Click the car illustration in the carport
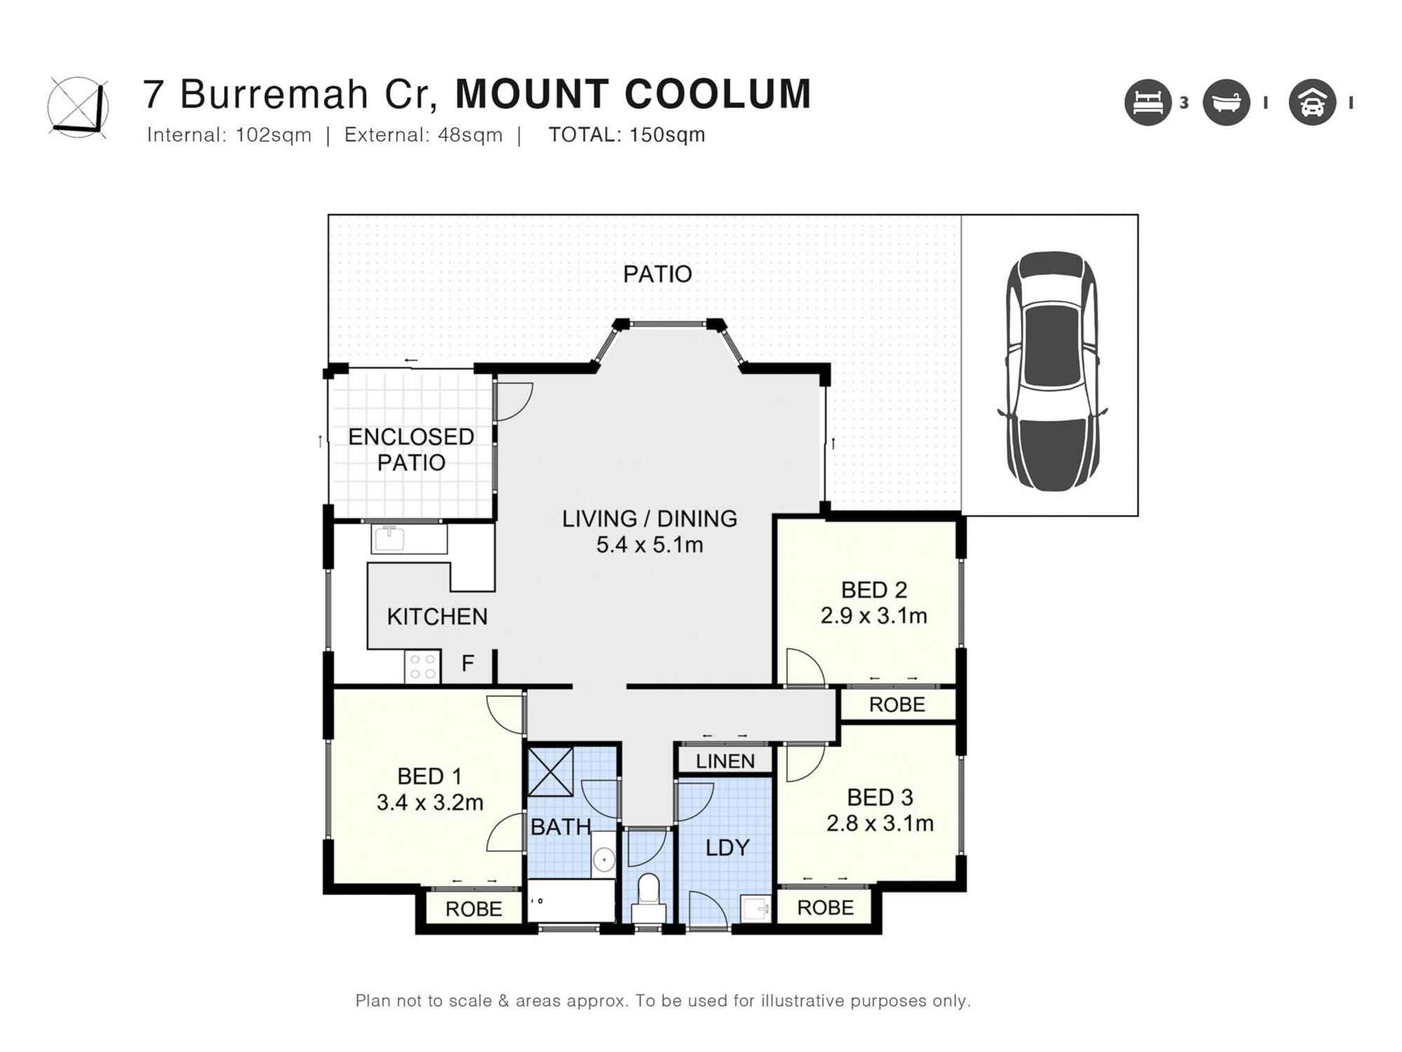pos(1051,372)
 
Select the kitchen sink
pos(389,538)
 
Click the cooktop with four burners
pos(422,666)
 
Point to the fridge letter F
pos(468,663)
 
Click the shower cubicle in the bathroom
pos(550,771)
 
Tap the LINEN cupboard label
pos(725,761)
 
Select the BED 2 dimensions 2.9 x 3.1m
pos(873,616)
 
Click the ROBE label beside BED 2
pos(897,704)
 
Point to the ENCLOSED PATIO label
pos(411,450)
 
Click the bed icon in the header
pos(1148,102)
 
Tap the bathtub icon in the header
pos(1226,102)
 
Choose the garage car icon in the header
pos(1312,102)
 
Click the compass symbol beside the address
pos(79,107)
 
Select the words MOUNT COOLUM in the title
pos(633,94)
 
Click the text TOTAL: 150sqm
pos(627,135)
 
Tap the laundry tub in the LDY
pos(756,909)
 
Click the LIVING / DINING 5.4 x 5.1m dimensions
pos(649,544)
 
